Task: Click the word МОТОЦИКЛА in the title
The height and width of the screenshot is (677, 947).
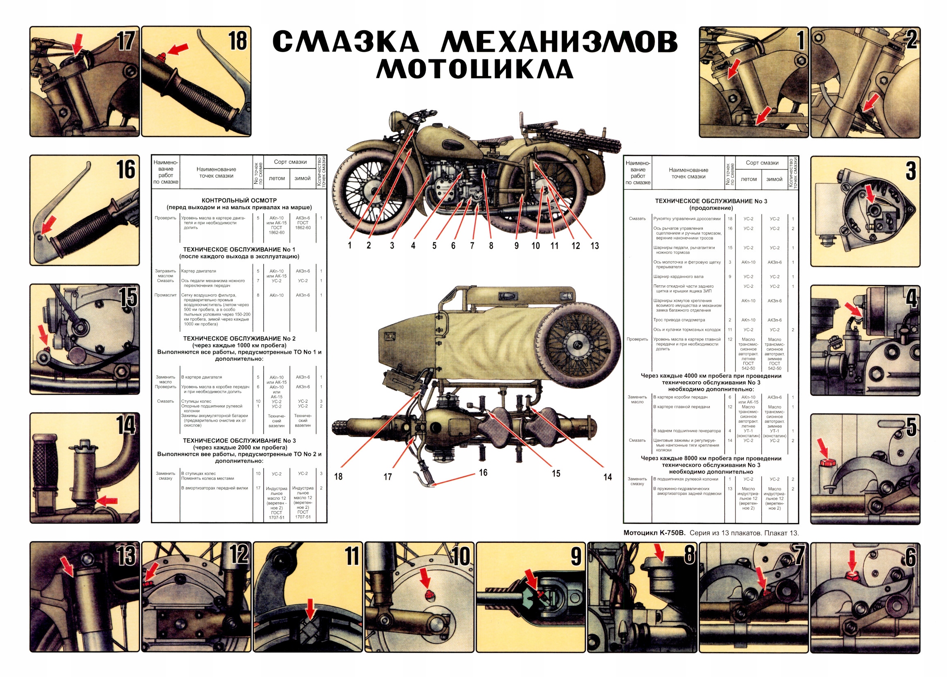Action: pos(475,70)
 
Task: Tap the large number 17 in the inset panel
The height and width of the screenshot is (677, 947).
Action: pos(126,41)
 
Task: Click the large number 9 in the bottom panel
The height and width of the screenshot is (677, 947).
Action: pos(576,556)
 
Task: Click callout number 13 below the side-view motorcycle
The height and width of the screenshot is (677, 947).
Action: pos(594,246)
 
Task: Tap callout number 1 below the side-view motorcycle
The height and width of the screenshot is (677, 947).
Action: pos(350,246)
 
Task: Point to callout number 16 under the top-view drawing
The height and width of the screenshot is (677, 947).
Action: pos(483,473)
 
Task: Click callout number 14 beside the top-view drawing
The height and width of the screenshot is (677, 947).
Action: pos(607,477)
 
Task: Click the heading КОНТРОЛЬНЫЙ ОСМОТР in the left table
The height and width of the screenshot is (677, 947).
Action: pos(239,201)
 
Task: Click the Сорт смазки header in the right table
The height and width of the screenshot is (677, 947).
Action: pos(762,163)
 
